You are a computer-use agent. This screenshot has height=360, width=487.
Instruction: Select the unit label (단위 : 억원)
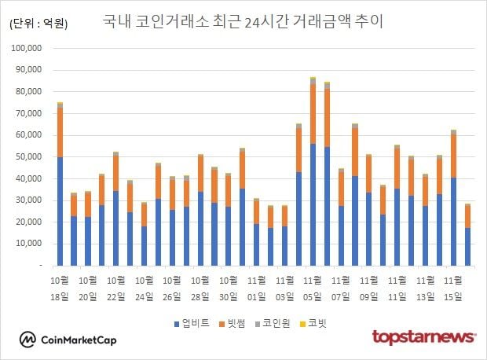[x=38, y=24]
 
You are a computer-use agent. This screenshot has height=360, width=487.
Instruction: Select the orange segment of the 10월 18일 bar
[x=60, y=132]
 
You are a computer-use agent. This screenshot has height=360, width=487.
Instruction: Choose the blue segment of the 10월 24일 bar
[x=144, y=245]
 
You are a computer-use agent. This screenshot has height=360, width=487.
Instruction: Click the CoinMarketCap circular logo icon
[x=27, y=339]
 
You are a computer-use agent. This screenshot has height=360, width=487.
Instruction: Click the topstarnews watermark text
[x=423, y=337]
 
